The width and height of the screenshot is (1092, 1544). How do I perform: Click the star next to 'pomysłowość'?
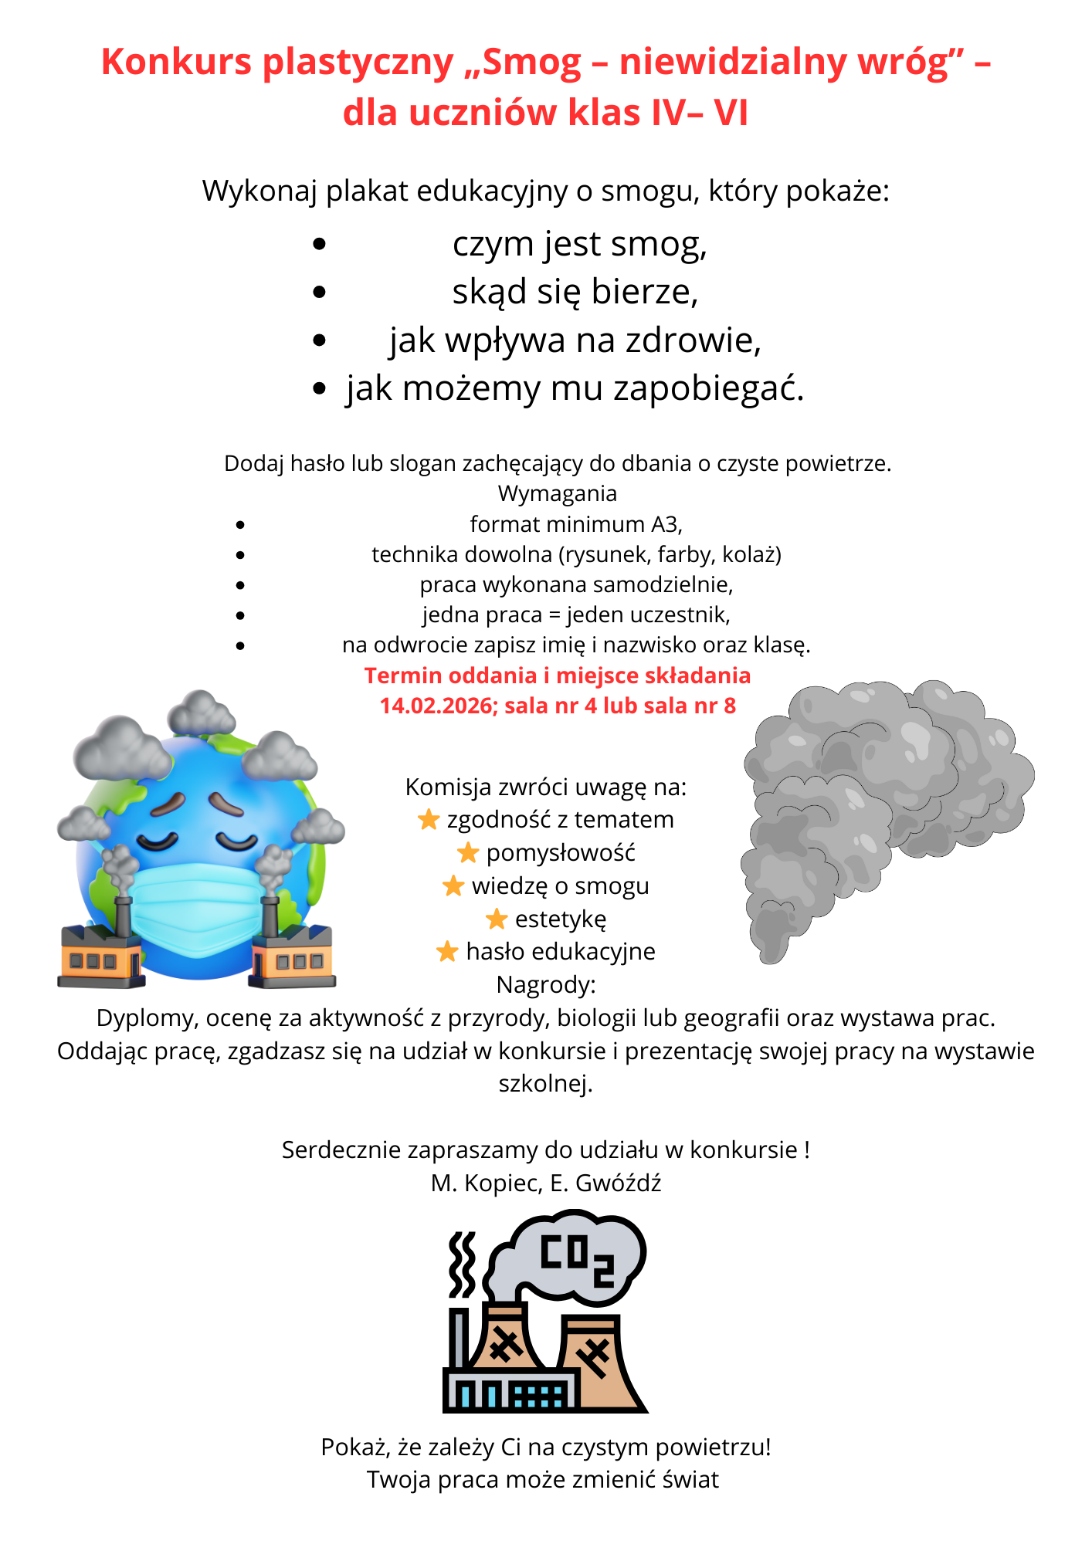click(x=468, y=853)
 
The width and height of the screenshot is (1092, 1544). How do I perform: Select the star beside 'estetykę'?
click(x=497, y=919)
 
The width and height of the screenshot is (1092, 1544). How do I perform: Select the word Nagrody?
click(x=545, y=985)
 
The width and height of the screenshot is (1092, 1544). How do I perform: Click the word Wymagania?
click(x=557, y=493)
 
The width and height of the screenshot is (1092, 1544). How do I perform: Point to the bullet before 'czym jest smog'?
click(x=320, y=245)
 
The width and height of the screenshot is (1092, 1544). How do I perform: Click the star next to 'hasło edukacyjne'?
click(x=448, y=952)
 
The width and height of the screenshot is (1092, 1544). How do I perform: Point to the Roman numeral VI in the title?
click(x=730, y=113)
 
